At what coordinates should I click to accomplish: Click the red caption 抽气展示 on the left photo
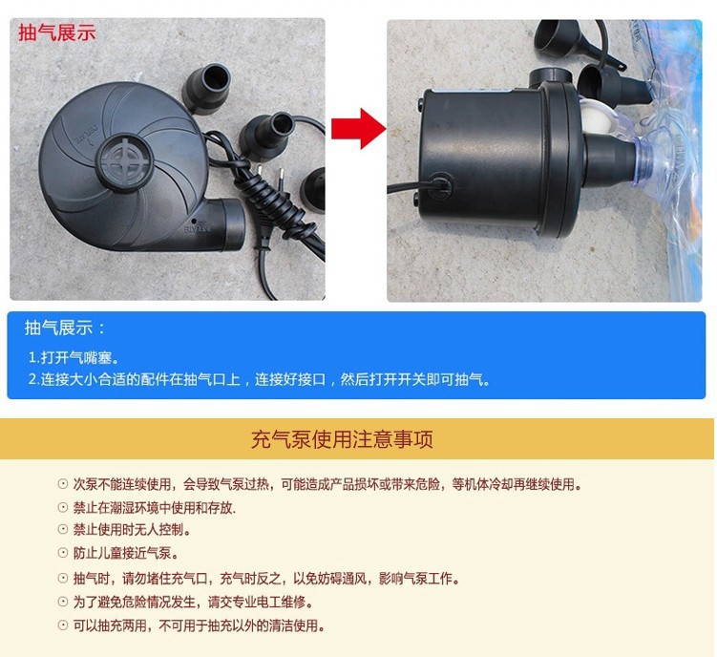(57, 32)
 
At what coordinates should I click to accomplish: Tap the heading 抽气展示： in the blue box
(67, 328)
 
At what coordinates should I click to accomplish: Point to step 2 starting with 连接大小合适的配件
(259, 379)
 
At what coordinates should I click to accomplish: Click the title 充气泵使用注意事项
(342, 439)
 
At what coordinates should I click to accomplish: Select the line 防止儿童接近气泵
(125, 553)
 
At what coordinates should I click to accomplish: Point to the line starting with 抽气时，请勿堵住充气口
(265, 579)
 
